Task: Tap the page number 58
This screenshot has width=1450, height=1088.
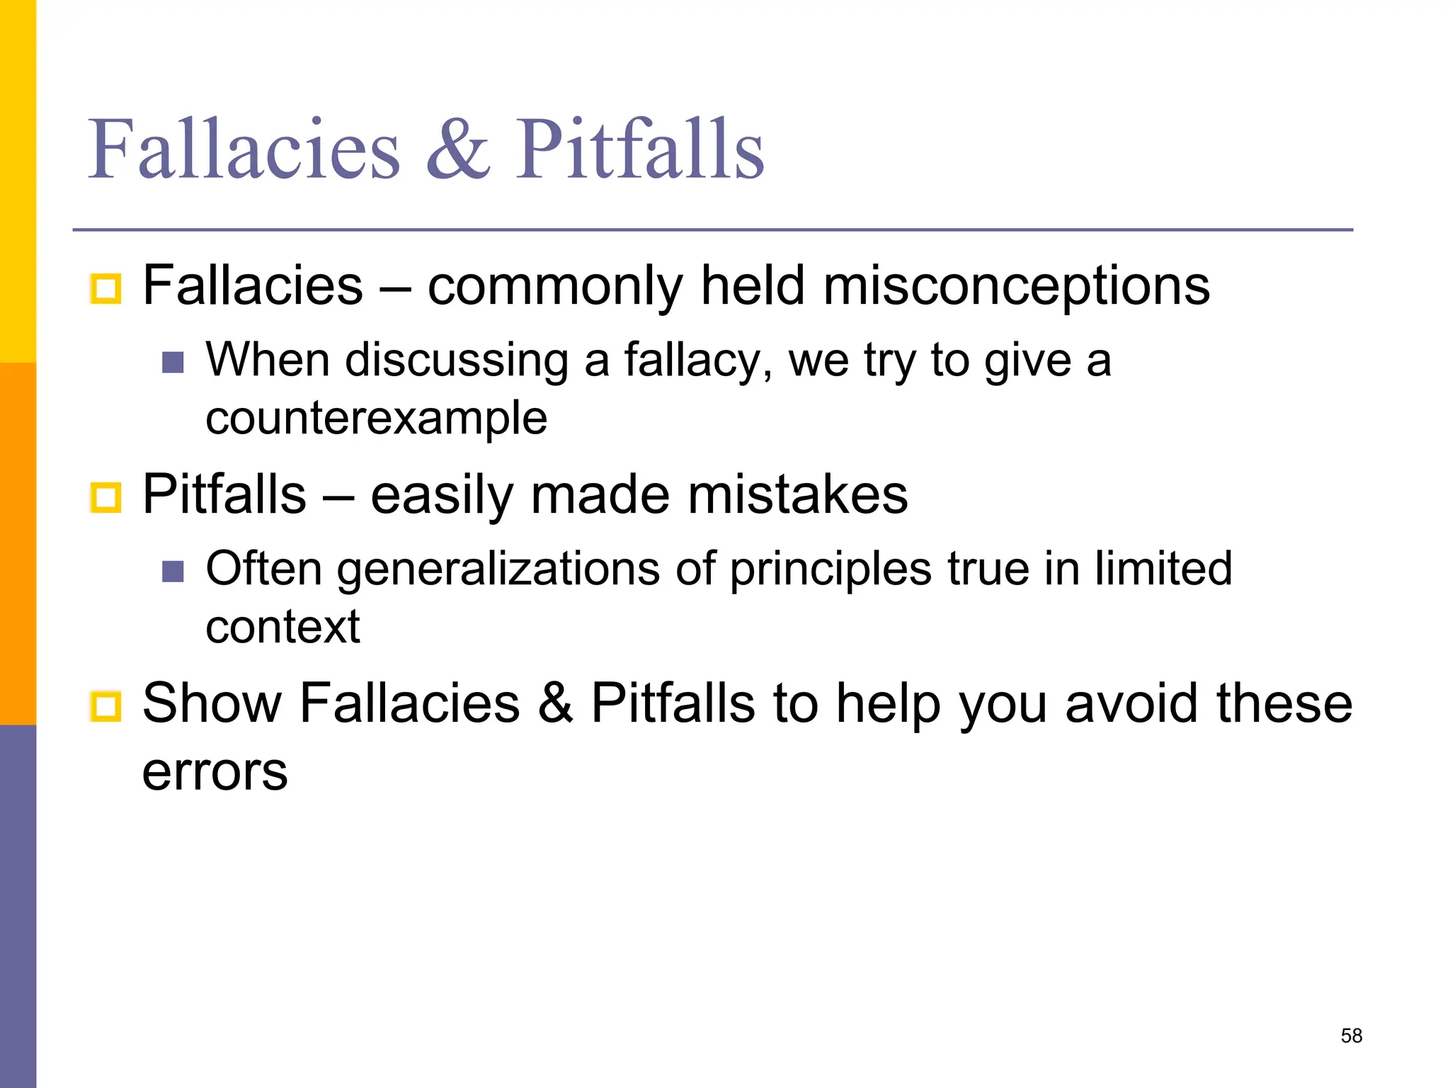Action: (x=1351, y=1036)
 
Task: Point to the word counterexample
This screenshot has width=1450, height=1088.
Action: (x=376, y=418)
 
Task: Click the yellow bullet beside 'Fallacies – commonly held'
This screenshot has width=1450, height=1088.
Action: (x=106, y=288)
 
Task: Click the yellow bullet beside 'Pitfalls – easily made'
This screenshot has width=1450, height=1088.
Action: (x=106, y=497)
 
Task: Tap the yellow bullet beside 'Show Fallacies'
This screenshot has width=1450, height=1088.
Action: (x=106, y=706)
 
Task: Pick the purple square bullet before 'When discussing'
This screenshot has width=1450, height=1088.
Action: (x=173, y=363)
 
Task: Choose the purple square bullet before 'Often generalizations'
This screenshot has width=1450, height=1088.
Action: (x=173, y=571)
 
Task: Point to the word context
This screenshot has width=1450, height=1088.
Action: (x=282, y=627)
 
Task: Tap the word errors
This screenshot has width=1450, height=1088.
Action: (x=215, y=771)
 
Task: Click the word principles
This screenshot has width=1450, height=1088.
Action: (x=830, y=569)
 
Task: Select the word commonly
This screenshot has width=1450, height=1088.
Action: (x=555, y=286)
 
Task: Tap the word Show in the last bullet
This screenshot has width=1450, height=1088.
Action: (x=212, y=703)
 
